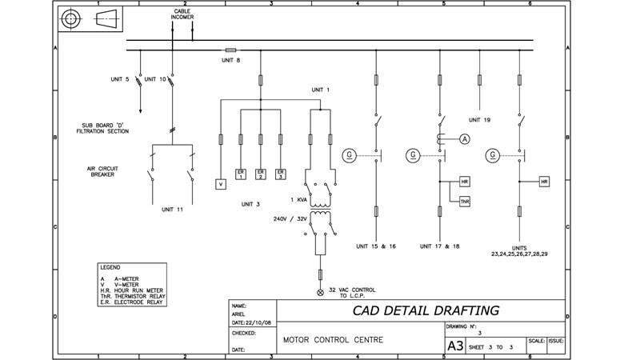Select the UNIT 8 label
coord(230,60)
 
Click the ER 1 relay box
coord(240,174)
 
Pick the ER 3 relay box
coord(280,174)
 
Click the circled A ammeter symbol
coord(463,139)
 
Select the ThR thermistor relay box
coord(465,202)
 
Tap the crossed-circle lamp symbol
coord(322,293)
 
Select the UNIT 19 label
coord(479,120)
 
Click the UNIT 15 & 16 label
coord(376,246)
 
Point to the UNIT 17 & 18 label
coord(440,246)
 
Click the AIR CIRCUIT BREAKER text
coord(102,171)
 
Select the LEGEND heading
coord(110,266)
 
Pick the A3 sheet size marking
coord(454,346)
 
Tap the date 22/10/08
coord(254,323)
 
